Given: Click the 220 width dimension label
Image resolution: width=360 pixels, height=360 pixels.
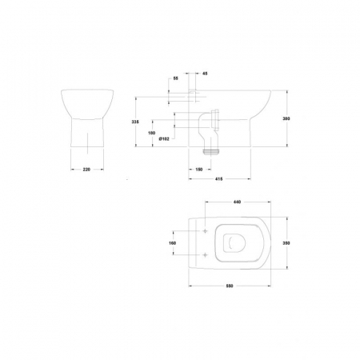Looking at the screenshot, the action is pyautogui.click(x=86, y=170).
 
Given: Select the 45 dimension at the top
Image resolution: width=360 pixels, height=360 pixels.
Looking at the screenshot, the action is pyautogui.click(x=205, y=74).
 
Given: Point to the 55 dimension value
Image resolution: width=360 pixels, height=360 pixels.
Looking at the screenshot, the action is pyautogui.click(x=175, y=78).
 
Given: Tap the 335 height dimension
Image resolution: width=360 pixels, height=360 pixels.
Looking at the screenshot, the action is pyautogui.click(x=135, y=122).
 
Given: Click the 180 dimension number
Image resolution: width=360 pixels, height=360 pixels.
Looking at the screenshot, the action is pyautogui.click(x=151, y=133).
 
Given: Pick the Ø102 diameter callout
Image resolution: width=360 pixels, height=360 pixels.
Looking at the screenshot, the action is pyautogui.click(x=164, y=139).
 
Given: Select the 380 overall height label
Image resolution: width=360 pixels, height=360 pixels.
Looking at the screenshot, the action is pyautogui.click(x=286, y=118).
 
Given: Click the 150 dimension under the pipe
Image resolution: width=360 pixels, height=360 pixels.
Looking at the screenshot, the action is pyautogui.click(x=199, y=170).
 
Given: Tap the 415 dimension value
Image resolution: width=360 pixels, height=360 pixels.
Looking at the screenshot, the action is pyautogui.click(x=218, y=179).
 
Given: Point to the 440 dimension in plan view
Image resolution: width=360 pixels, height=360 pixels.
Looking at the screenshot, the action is pyautogui.click(x=237, y=202).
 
